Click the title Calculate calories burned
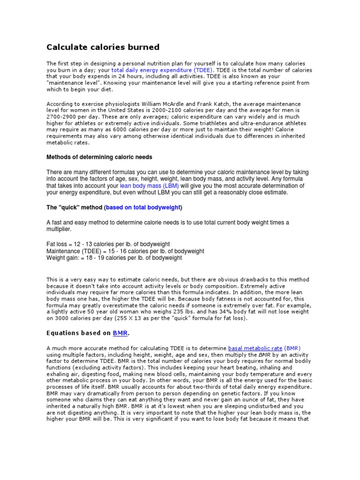coord(103,47)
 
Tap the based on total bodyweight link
coord(143,207)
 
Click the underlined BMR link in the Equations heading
coord(120,333)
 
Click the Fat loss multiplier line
coord(108,244)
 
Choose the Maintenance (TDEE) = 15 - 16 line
coord(125,251)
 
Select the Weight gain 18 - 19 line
coord(114,258)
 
